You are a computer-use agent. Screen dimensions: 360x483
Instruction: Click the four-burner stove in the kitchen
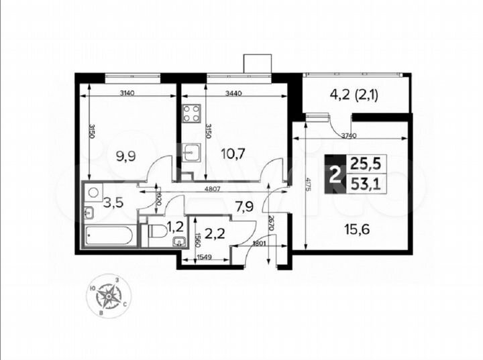click(191, 112)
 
